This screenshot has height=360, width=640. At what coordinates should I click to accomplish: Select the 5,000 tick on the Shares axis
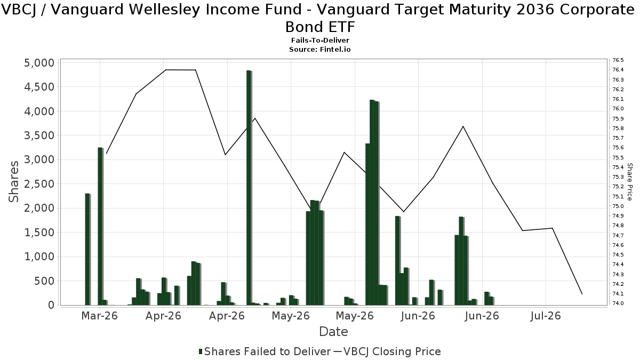coord(39,63)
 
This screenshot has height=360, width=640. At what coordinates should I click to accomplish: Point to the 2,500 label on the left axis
coord(39,184)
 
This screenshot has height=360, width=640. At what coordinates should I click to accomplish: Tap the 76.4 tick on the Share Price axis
coord(618,70)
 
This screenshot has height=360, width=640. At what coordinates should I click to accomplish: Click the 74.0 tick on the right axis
coord(618,303)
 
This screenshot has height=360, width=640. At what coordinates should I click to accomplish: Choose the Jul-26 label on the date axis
coord(546,316)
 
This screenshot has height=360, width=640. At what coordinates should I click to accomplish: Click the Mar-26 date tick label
coord(99,316)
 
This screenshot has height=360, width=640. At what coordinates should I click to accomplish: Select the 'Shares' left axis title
coord(14,182)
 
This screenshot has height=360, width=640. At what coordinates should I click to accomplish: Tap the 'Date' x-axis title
coord(333,332)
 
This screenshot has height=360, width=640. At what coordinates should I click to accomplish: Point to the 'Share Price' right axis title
coord(629,182)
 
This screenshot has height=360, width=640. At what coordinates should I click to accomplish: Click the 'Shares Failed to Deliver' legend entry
coord(265,351)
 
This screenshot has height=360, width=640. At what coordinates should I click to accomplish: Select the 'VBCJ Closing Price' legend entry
coord(387,351)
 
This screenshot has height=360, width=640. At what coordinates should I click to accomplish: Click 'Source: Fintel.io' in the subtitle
coord(319,50)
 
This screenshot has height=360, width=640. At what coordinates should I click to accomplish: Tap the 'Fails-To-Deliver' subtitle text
coord(320,41)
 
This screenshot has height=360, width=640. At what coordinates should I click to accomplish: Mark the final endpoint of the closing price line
coord(582,294)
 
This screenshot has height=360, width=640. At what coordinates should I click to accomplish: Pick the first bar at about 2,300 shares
coord(87,250)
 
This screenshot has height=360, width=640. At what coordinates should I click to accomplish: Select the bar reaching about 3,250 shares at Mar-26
coord(100,226)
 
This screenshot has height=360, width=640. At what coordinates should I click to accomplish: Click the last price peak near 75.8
coord(463,126)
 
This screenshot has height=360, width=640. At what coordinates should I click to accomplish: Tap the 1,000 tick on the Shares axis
coord(39,257)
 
